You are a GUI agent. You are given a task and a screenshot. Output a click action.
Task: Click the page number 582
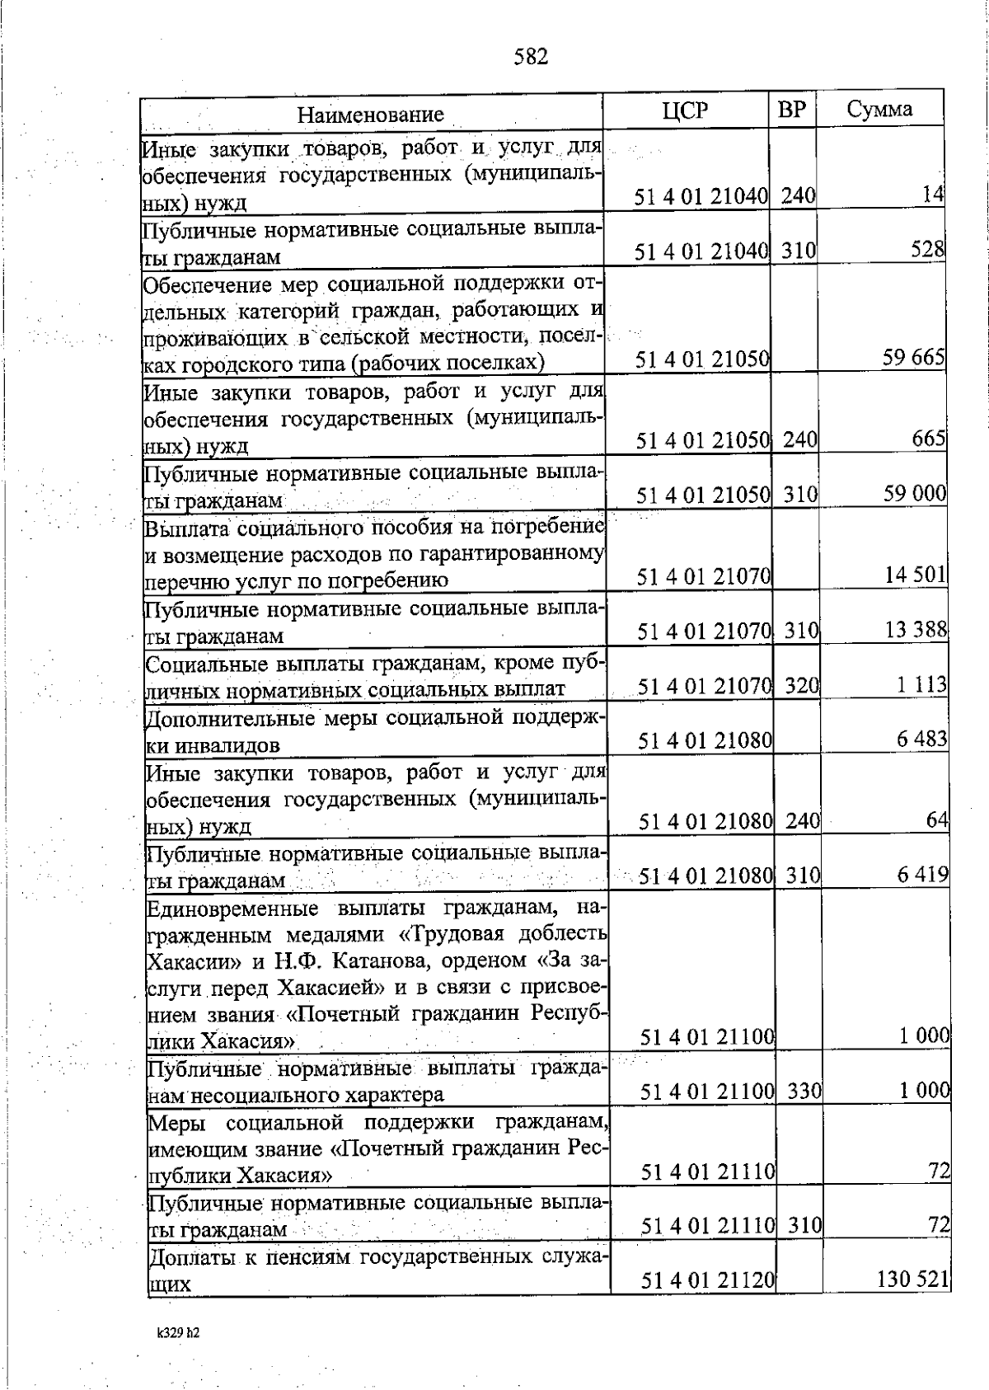point(531,56)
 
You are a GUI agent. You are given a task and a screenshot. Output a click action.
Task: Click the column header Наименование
point(371,114)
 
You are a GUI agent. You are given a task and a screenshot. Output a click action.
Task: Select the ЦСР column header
point(685,110)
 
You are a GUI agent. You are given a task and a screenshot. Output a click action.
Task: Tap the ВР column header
point(791,110)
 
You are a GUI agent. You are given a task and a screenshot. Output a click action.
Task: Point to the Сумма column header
point(879,110)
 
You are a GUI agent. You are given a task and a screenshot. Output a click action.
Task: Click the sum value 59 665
point(912,358)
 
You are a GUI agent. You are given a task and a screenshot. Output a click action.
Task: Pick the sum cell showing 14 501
point(916,575)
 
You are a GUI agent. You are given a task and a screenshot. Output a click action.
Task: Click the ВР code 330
point(804,1091)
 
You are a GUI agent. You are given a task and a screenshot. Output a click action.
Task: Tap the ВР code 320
point(801,684)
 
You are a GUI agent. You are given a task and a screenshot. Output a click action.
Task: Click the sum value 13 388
point(916,631)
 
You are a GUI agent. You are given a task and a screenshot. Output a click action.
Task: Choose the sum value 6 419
point(923,874)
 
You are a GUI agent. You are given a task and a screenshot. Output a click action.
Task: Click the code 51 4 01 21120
point(709,1303)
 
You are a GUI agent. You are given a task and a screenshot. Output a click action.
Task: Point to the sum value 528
point(927,249)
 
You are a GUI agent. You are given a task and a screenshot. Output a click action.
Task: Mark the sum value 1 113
point(922,684)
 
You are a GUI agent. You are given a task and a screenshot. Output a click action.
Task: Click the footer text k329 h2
point(179,1355)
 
